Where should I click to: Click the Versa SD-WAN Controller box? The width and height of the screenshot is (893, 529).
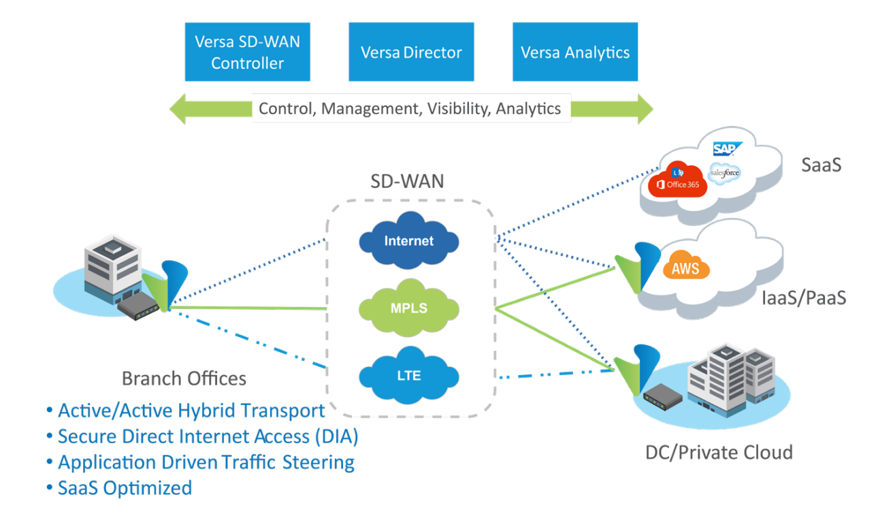pos(247,52)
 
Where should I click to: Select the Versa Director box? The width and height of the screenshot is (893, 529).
pos(411,52)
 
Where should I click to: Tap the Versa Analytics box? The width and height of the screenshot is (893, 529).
pos(575,52)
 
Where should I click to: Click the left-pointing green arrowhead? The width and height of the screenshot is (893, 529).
pos(179,109)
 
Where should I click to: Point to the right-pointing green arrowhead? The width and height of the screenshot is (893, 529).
pos(643,109)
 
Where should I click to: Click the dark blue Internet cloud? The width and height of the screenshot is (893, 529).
pos(408,241)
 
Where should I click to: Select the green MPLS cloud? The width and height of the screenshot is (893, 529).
pos(408,308)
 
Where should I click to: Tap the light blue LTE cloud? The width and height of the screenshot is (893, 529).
pos(408,374)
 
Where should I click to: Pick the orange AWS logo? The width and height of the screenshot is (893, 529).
pos(685,267)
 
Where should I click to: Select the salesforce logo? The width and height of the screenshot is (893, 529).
pos(724,173)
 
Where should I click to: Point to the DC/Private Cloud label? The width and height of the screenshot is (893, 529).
pos(719,452)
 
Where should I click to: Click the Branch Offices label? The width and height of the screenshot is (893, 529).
pos(184,379)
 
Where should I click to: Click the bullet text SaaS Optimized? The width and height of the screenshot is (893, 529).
pos(124,488)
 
